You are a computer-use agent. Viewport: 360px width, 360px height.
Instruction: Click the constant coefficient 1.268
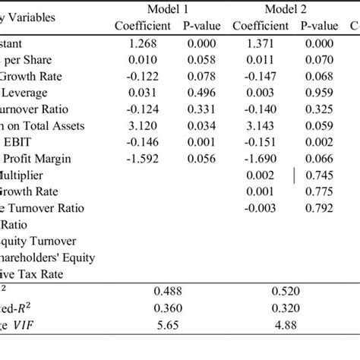click(143, 43)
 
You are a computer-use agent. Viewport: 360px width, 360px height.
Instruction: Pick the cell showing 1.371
click(261, 43)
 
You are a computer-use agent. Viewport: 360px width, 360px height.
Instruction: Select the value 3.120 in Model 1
click(143, 125)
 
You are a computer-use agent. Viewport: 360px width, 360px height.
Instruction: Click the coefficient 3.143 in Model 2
click(261, 125)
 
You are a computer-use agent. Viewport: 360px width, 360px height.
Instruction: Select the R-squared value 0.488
click(168, 291)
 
